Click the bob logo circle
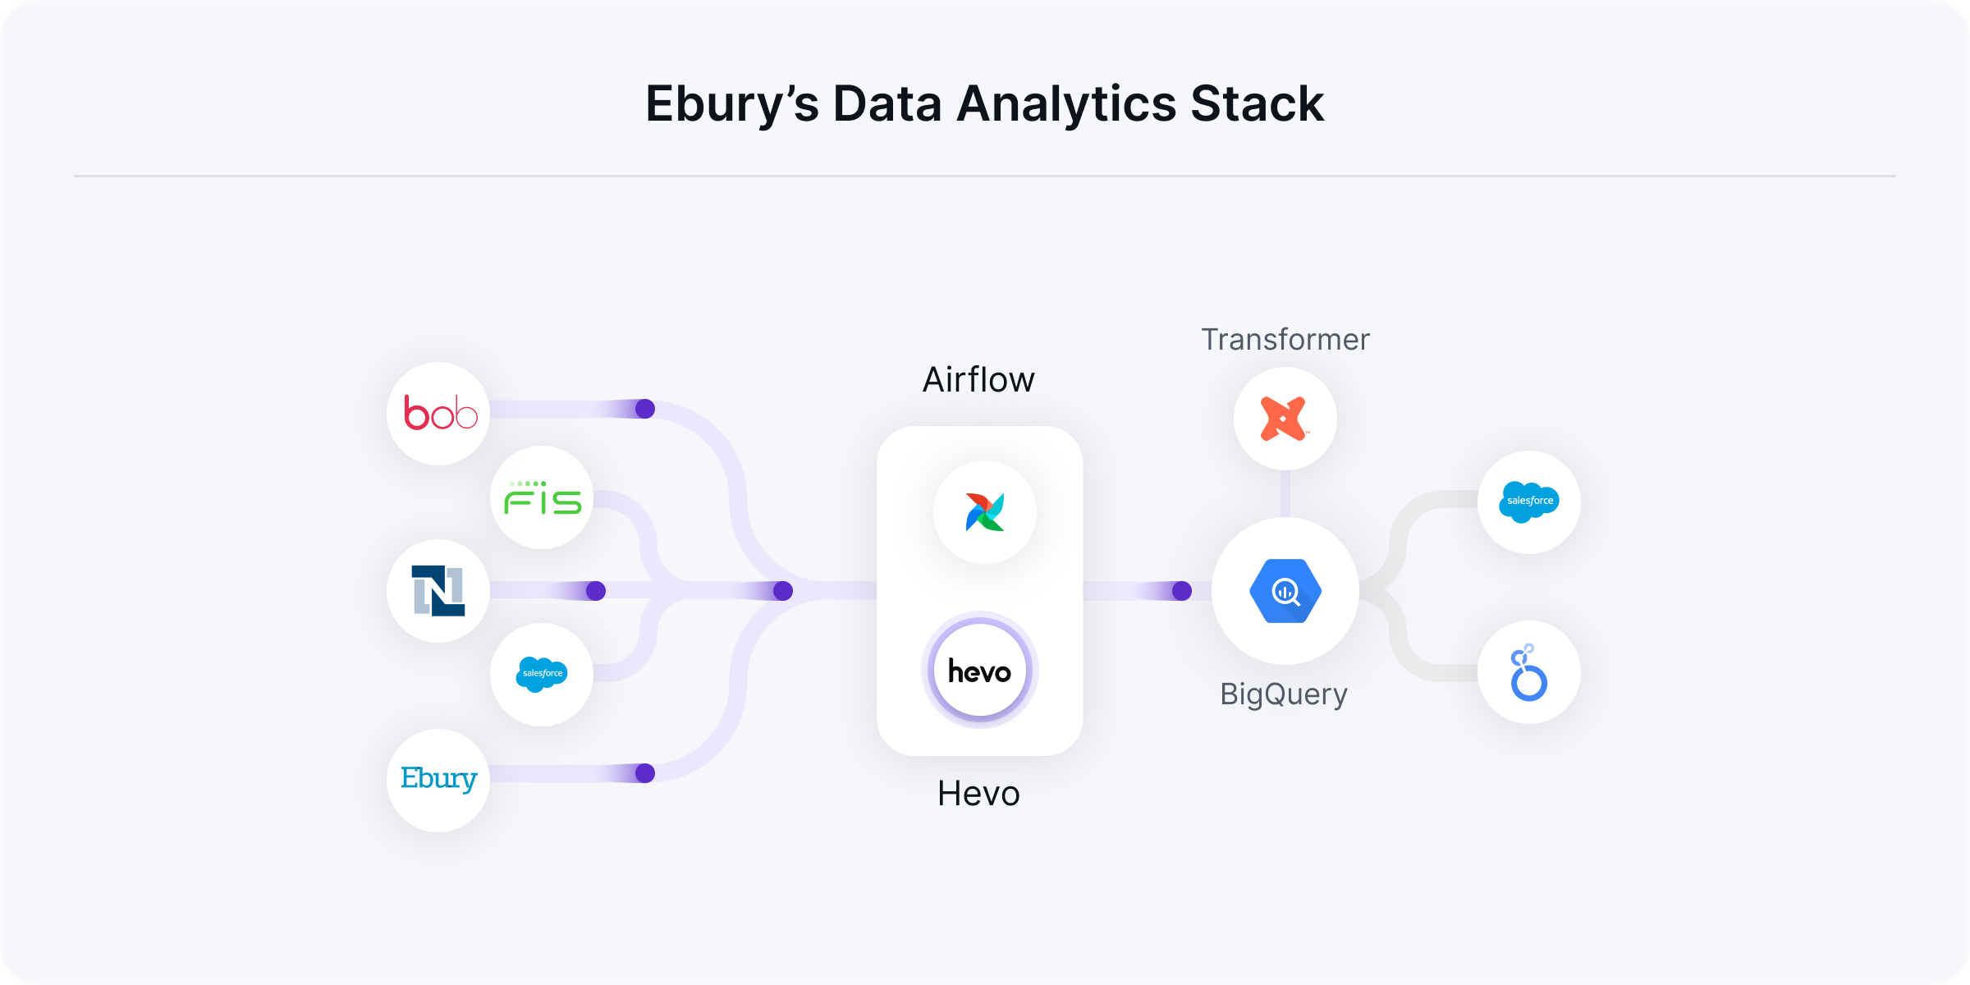[x=439, y=414]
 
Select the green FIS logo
[x=543, y=498]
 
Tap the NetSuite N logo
[x=438, y=591]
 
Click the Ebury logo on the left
[x=438, y=780]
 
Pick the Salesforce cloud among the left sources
[x=542, y=674]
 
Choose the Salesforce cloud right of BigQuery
[x=1528, y=502]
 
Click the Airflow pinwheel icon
[x=984, y=512]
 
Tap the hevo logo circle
[x=979, y=671]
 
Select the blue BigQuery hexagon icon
[x=1285, y=591]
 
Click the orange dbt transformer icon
[x=1285, y=419]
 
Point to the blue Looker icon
[x=1528, y=673]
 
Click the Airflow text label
[x=978, y=380]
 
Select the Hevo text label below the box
[x=978, y=794]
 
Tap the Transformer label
[x=1285, y=340]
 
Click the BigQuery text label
[x=1283, y=694]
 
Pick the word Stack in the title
[x=1257, y=104]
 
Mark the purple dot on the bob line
[x=645, y=409]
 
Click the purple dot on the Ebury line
[x=645, y=773]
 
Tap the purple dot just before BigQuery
[x=1182, y=591]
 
